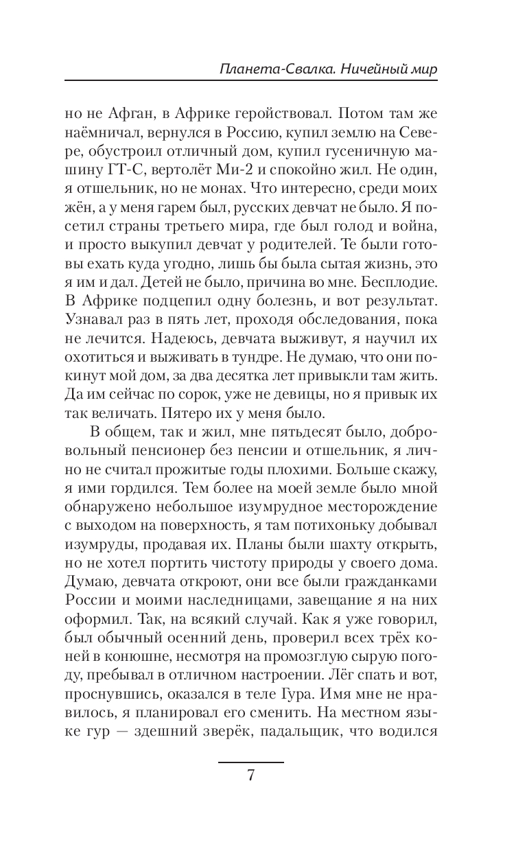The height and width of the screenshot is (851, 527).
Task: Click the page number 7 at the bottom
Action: pyautogui.click(x=250, y=777)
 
